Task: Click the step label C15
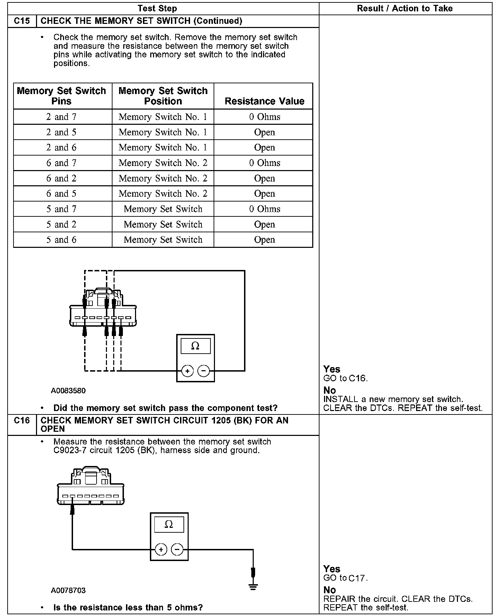point(22,21)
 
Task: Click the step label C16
point(22,421)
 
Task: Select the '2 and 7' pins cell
point(62,117)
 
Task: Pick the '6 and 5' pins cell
point(62,194)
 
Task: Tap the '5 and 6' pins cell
point(62,240)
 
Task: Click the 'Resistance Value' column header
point(264,101)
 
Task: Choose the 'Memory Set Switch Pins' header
point(62,96)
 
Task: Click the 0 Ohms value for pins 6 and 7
point(264,163)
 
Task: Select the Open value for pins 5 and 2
point(264,224)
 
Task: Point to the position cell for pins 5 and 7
point(163,209)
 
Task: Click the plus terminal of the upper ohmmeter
point(187,371)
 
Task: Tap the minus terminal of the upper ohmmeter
point(204,371)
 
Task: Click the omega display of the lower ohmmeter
point(169,524)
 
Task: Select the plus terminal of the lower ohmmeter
point(161,549)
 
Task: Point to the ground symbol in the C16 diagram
point(253,587)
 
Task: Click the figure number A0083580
point(68,391)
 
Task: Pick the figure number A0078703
point(68,590)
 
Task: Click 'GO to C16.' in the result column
point(345,379)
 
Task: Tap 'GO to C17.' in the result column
point(345,578)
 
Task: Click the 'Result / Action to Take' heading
point(405,9)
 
